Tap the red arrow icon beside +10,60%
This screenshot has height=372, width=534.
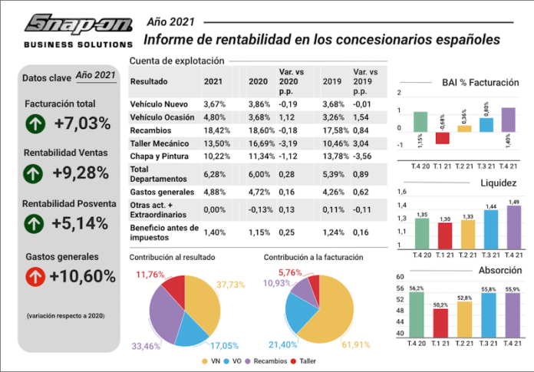point(35,275)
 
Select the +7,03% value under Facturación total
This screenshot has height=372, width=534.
point(82,123)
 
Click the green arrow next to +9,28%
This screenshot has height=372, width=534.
point(35,173)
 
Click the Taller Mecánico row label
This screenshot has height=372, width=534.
point(158,144)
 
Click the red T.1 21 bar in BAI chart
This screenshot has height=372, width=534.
point(442,138)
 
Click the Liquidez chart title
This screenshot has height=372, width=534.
point(498,183)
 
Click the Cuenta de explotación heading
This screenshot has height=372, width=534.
point(176,60)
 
